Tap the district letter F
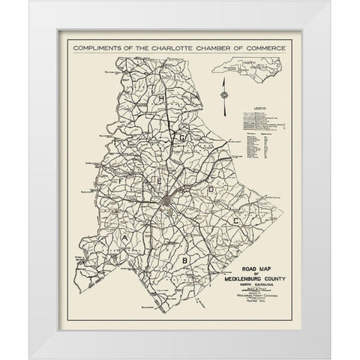116,181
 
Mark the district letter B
183,259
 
